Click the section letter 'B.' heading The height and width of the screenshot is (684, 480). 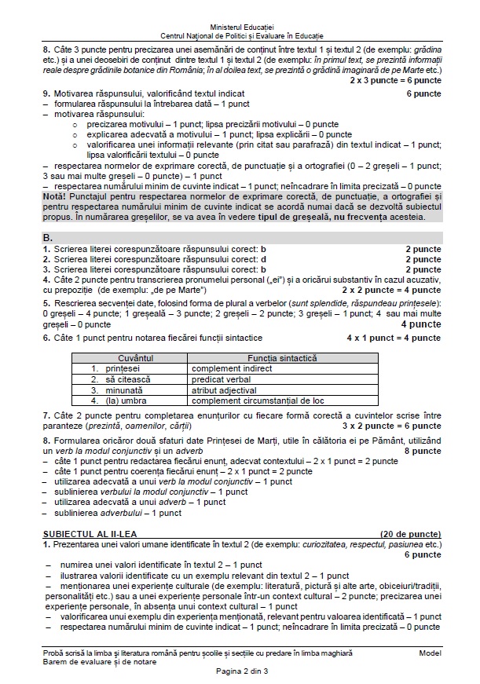pos(48,236)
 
